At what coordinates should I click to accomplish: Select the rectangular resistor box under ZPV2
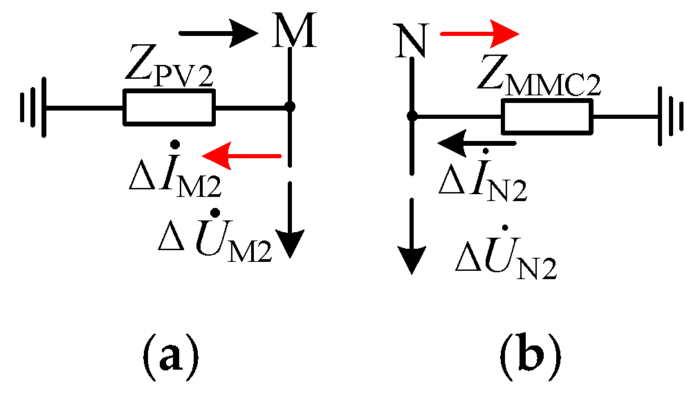(x=168, y=107)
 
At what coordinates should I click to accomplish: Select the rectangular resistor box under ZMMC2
(x=547, y=117)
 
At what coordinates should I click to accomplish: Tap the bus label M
(x=294, y=32)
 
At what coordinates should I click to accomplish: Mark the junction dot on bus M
(x=291, y=107)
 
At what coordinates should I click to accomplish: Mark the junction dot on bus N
(x=412, y=117)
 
